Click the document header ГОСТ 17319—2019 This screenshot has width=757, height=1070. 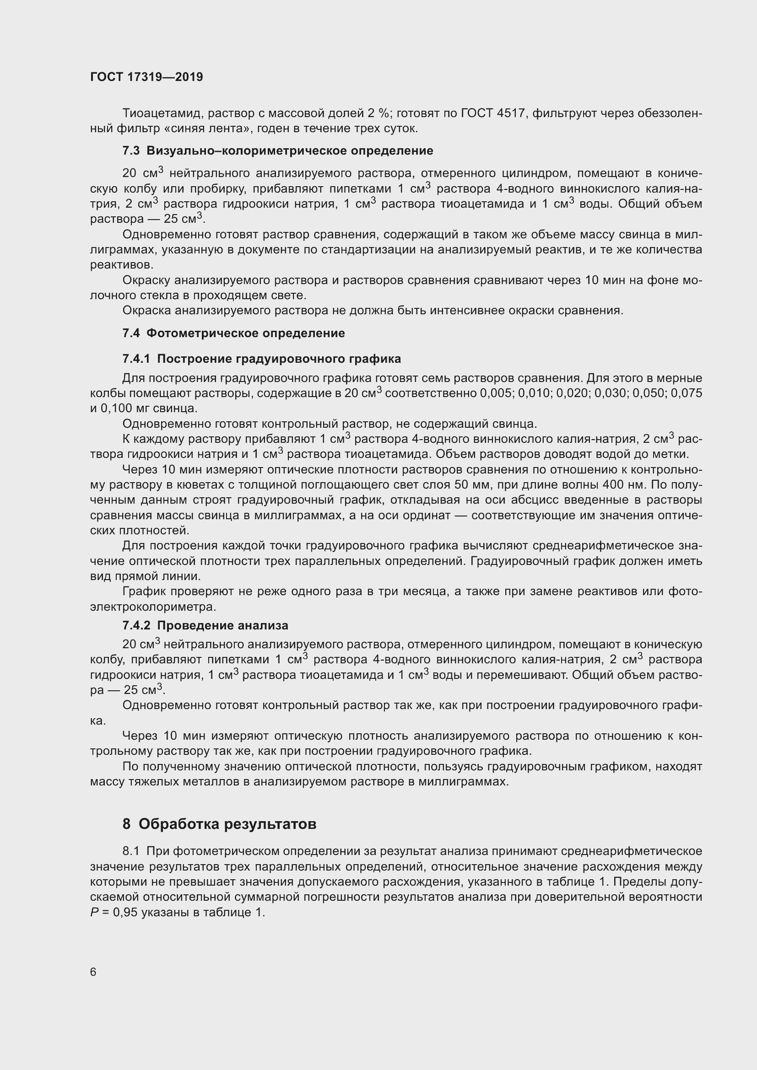146,77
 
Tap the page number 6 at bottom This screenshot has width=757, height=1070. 93,972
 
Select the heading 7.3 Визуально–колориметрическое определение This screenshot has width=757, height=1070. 278,151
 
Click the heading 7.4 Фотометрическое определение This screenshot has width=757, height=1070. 233,333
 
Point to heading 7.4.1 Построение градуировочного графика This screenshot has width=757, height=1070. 261,359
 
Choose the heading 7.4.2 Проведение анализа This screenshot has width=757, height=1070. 205,625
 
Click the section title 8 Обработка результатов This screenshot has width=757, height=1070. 220,824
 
